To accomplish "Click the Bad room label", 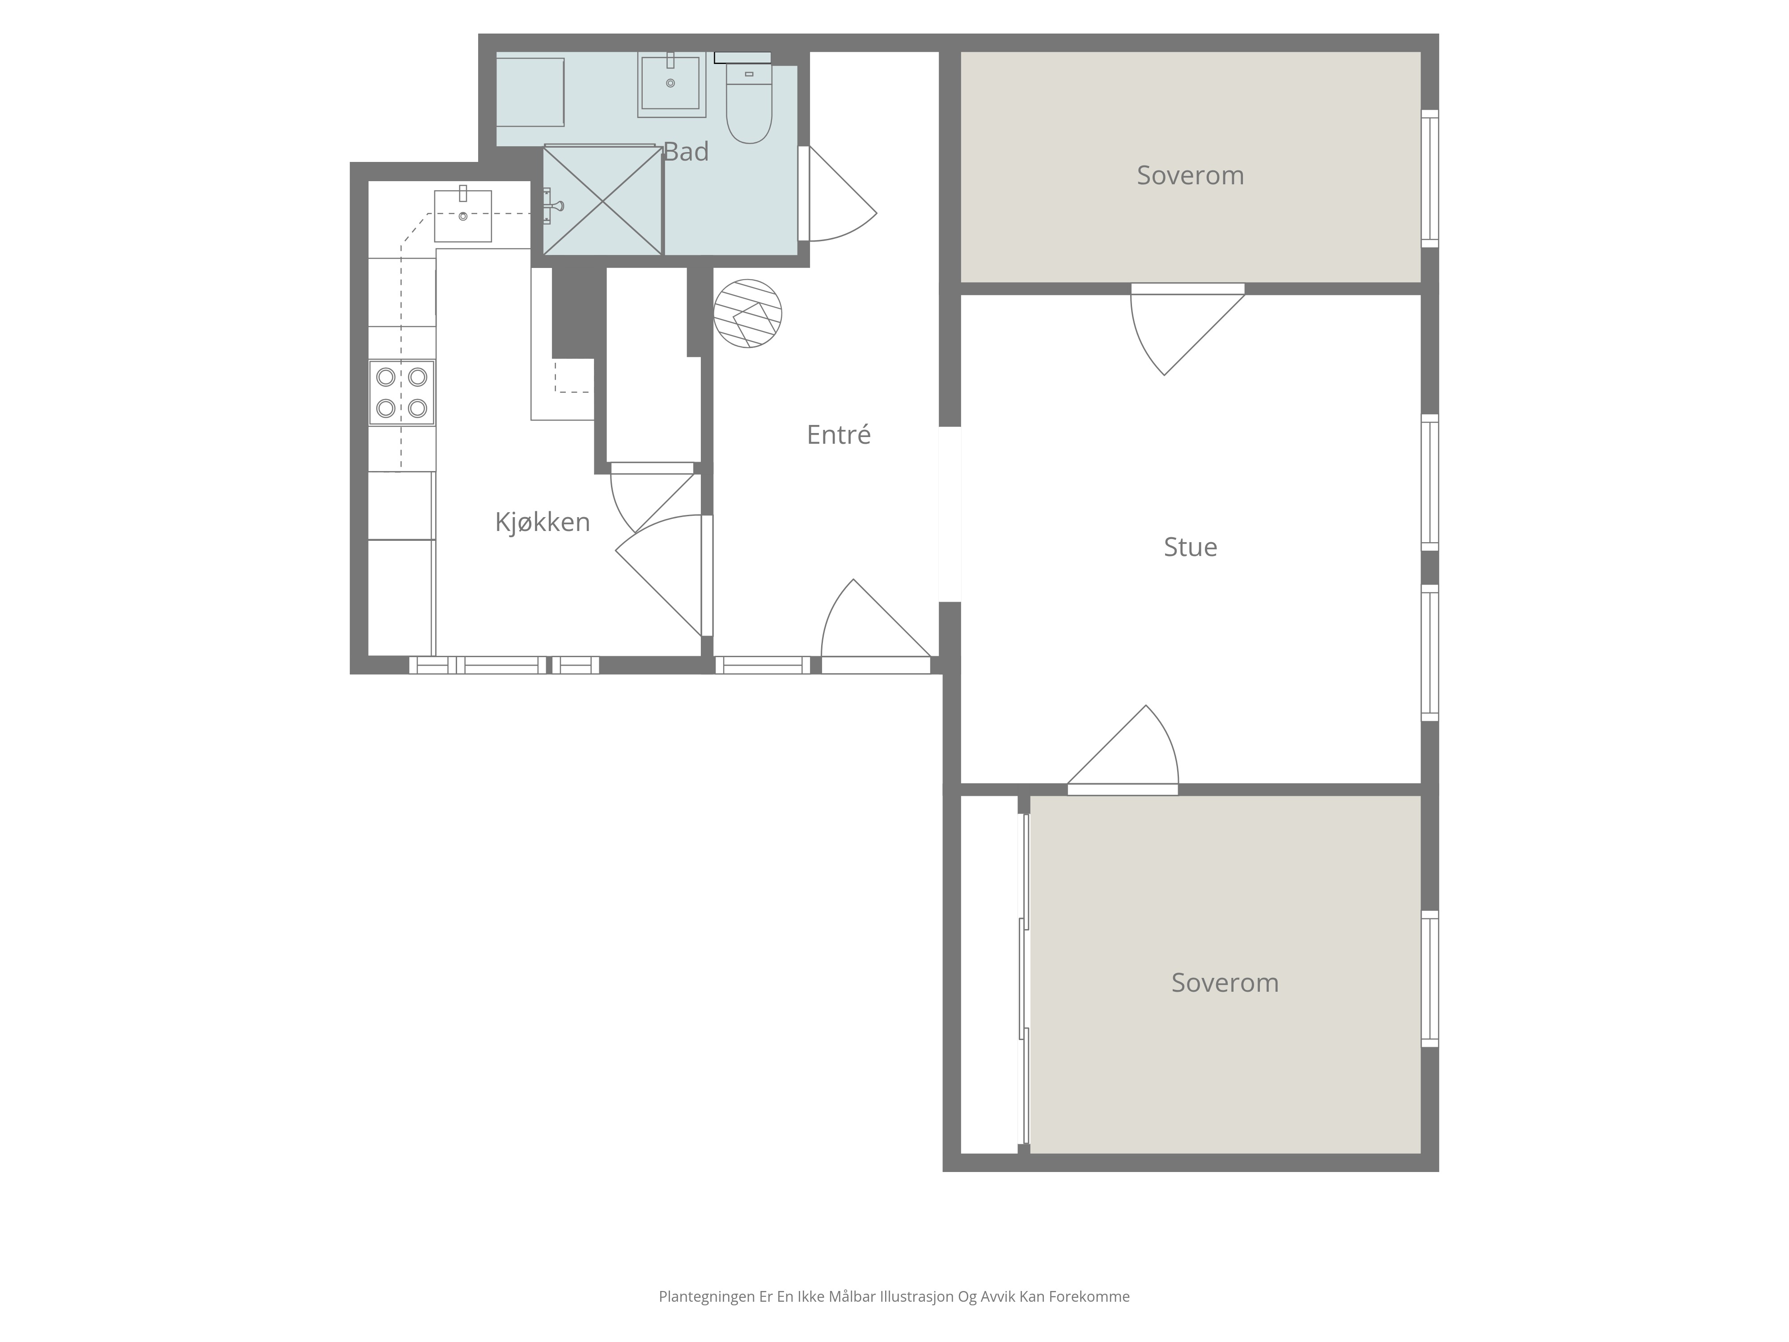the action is coord(686,152).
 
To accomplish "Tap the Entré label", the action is coord(839,435).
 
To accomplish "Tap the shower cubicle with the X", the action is coord(602,200).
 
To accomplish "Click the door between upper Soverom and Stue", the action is coord(1187,329).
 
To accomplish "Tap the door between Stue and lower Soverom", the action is coord(1123,751).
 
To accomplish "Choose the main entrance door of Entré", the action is coord(876,627).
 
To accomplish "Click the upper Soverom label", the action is coord(1191,175).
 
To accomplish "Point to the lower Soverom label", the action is coord(1225,983).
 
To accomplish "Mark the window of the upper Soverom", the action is coord(1430,179).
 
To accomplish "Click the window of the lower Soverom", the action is coord(1430,979).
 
